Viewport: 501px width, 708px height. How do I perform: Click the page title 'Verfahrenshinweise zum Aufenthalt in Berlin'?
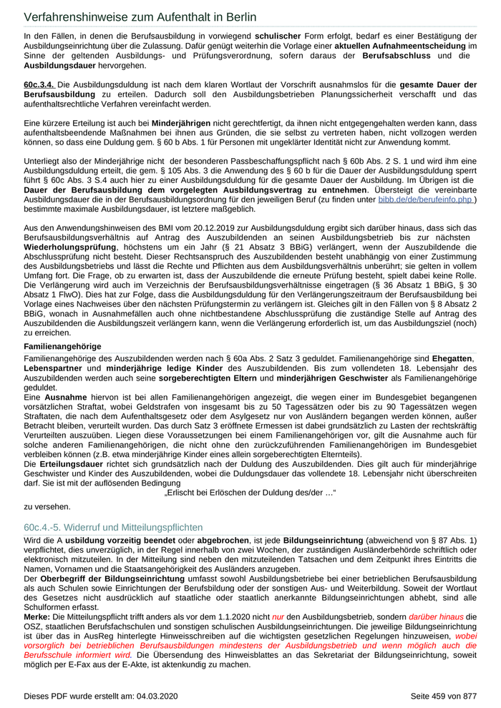140,16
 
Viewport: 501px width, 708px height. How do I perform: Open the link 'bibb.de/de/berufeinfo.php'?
426,200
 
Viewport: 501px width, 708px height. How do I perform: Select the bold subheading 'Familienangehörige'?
62,346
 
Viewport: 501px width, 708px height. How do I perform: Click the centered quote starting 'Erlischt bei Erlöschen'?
250,493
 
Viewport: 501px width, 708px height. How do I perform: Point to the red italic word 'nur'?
278,615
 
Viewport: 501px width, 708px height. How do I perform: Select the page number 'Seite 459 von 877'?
443,695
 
